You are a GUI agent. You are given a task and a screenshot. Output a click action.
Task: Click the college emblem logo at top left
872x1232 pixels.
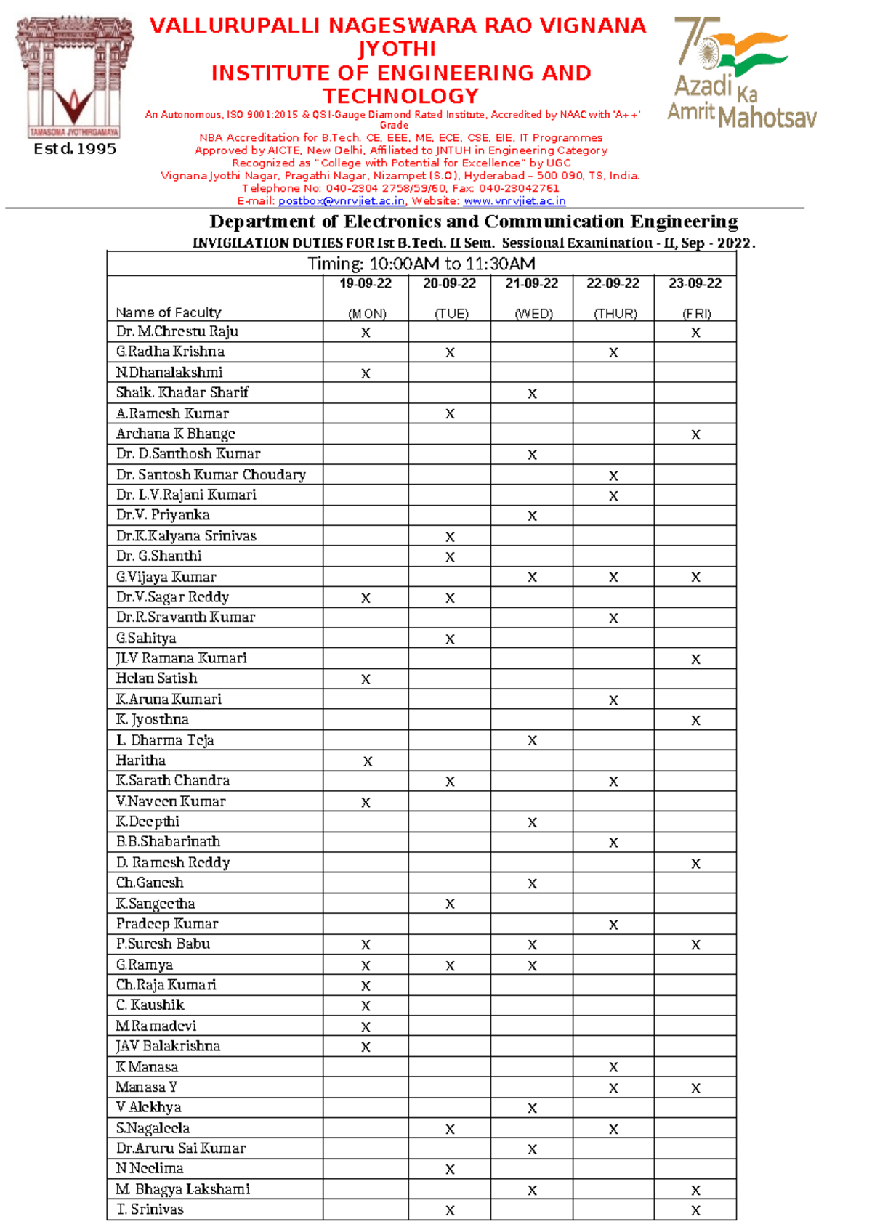74,78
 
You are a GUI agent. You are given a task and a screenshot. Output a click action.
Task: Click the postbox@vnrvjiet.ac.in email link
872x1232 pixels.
341,201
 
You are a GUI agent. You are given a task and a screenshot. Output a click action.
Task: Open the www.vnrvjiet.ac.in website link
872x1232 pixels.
514,201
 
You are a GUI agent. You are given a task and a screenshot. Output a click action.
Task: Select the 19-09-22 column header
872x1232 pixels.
366,283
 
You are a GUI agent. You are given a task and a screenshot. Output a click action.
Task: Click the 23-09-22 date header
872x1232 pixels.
695,283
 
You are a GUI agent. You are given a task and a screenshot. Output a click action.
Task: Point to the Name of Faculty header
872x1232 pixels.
169,312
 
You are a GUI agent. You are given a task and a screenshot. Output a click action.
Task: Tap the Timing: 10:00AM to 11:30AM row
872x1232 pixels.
421,264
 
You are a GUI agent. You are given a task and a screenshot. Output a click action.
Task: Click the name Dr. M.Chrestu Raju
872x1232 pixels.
177,331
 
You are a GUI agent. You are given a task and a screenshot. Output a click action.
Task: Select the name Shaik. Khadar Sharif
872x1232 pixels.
182,392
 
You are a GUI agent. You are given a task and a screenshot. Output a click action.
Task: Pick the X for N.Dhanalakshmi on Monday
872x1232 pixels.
366,373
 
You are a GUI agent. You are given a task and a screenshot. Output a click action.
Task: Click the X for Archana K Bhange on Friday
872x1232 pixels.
695,434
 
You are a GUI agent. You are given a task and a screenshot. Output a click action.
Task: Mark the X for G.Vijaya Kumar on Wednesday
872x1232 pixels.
532,577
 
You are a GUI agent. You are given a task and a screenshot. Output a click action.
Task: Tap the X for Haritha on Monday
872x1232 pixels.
367,761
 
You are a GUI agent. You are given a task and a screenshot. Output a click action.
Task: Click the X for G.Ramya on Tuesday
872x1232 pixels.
450,965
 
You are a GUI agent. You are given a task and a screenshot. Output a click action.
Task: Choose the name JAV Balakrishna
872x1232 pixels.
168,1046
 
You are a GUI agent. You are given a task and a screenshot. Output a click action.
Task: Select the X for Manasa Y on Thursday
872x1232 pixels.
613,1088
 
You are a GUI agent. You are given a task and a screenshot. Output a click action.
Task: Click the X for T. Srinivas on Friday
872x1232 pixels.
695,1210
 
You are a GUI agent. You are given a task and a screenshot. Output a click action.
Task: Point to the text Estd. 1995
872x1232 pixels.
75,149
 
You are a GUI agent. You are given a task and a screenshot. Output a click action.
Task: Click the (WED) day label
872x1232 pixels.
533,314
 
